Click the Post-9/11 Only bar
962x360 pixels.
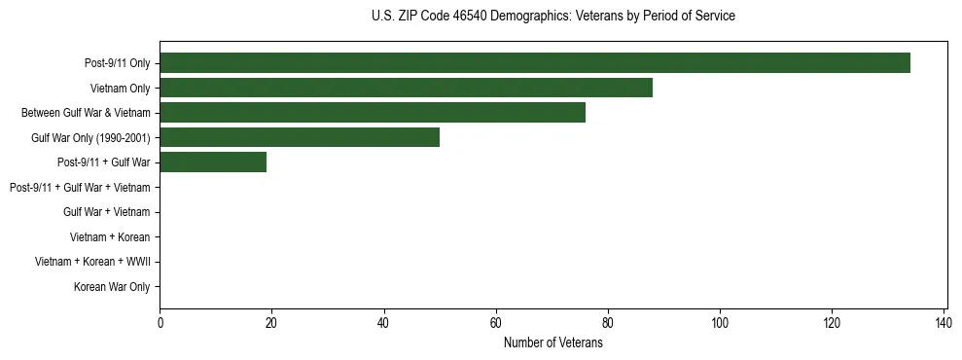point(534,63)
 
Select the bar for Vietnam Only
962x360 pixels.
point(406,88)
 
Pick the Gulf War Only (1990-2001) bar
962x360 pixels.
point(299,137)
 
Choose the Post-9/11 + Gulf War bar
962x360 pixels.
point(212,162)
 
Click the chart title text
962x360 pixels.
point(552,17)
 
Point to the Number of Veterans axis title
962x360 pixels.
point(552,342)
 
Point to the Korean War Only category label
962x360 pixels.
point(112,287)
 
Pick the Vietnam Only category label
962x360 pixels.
point(122,88)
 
